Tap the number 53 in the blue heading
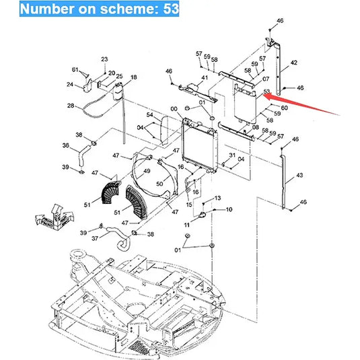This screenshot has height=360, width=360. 171,9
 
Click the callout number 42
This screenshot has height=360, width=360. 294,63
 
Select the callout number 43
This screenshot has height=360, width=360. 299,175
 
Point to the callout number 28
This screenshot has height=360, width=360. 71,106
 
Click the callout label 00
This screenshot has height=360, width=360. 174,109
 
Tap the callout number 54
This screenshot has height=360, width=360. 150,114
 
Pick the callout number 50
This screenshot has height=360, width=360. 159,184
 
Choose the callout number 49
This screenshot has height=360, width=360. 147,171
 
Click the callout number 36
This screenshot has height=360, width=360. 66,145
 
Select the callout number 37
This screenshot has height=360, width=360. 95,239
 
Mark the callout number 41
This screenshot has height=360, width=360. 205,78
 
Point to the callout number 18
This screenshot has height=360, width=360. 134,77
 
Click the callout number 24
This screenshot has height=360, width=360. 70,85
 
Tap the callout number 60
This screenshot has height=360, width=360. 284,108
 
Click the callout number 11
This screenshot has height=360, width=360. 187,225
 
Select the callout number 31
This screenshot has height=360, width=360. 232,155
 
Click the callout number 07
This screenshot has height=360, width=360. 266,79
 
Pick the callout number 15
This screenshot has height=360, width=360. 189,204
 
